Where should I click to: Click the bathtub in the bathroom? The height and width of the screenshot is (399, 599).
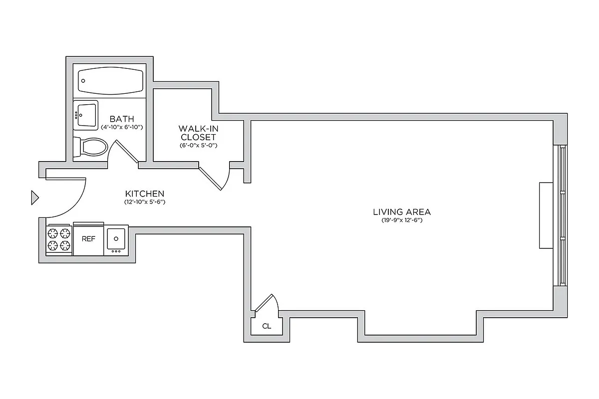[110, 81]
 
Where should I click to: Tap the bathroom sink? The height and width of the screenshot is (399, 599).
[86, 114]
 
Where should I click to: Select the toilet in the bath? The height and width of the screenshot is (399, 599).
[91, 147]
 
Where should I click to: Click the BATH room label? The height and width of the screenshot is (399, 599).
[122, 119]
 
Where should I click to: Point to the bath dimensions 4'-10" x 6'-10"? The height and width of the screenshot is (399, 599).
[122, 127]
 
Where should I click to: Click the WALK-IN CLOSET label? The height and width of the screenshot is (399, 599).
[199, 133]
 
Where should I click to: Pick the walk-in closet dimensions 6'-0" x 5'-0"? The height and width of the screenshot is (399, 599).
[199, 146]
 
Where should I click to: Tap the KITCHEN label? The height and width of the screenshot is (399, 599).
[145, 194]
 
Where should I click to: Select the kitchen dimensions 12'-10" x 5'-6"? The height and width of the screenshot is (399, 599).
[145, 202]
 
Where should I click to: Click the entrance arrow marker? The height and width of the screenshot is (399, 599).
[34, 198]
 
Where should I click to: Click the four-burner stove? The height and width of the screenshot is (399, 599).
[59, 239]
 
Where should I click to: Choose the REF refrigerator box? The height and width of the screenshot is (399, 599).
[88, 239]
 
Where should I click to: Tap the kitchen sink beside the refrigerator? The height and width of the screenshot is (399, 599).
[116, 239]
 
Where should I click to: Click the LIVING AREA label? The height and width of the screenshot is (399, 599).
[401, 211]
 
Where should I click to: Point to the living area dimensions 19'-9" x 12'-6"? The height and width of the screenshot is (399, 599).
[401, 220]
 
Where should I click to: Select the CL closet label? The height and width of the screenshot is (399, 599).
[267, 326]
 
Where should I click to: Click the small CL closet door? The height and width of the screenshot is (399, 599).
[266, 303]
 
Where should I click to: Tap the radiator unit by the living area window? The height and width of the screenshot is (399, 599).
[546, 215]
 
